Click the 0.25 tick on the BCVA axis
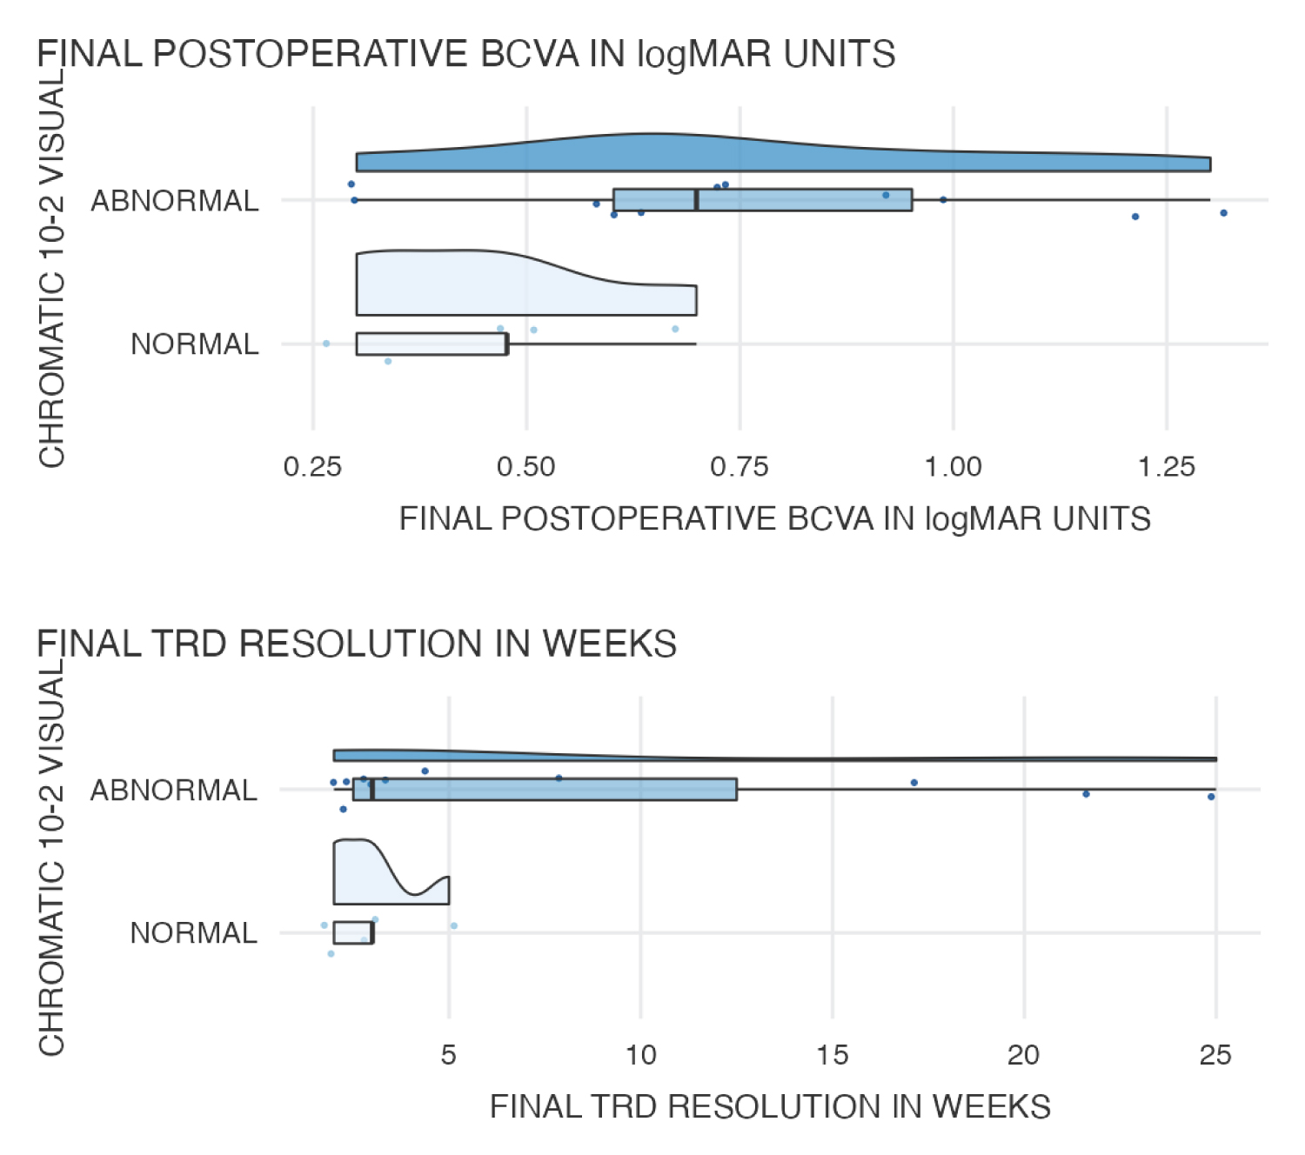pyautogui.click(x=312, y=467)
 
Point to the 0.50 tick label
pyautogui.click(x=525, y=467)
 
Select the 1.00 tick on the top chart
pyautogui.click(x=953, y=467)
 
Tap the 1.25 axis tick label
pyautogui.click(x=1167, y=467)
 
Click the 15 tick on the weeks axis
pyautogui.click(x=833, y=1055)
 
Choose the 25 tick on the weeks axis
pyautogui.click(x=1215, y=1055)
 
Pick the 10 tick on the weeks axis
pyautogui.click(x=641, y=1055)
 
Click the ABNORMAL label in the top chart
pyautogui.click(x=175, y=201)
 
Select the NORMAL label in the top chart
pyautogui.click(x=194, y=344)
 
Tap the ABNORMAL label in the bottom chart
pyautogui.click(x=174, y=791)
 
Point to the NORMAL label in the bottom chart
pyautogui.click(x=193, y=933)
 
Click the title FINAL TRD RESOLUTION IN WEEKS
pyautogui.click(x=357, y=644)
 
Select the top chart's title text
pyautogui.click(x=466, y=55)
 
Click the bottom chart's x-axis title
pyautogui.click(x=770, y=1107)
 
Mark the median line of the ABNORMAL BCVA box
pyautogui.click(x=696, y=200)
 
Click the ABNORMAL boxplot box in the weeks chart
pyautogui.click(x=557, y=790)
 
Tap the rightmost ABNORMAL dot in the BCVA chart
pyautogui.click(x=1223, y=213)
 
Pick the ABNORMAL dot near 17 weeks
pyautogui.click(x=914, y=783)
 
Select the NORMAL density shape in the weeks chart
pyautogui.click(x=365, y=874)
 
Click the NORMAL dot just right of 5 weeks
pyautogui.click(x=454, y=925)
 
